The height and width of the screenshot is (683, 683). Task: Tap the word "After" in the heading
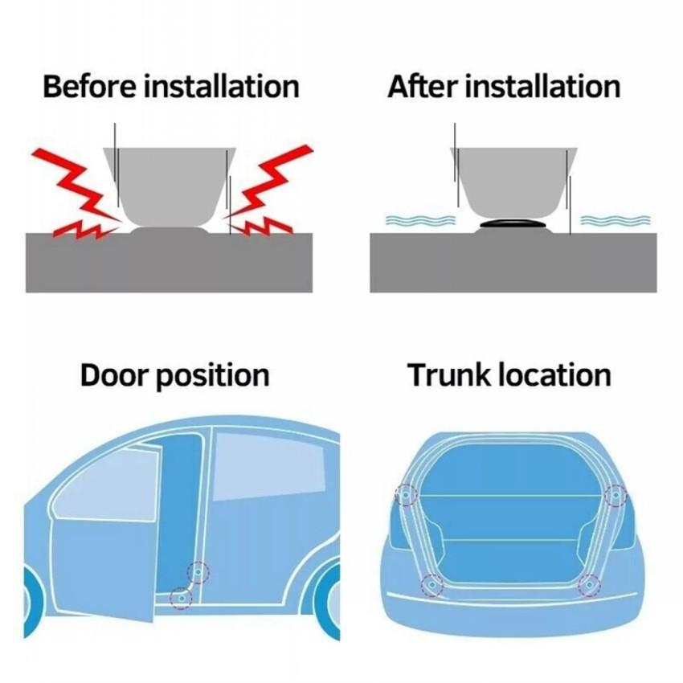pos(419,86)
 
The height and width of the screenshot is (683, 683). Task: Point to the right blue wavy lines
pos(616,219)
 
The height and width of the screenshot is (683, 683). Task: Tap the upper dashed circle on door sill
pos(198,572)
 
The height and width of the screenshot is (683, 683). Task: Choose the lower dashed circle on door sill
pos(181,597)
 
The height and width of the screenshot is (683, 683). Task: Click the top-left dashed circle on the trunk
pos(407,496)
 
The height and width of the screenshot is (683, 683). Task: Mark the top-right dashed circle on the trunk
pos(616,496)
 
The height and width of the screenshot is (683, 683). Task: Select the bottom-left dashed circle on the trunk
pos(432,586)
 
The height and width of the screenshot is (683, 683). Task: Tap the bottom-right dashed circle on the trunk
pos(590,586)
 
